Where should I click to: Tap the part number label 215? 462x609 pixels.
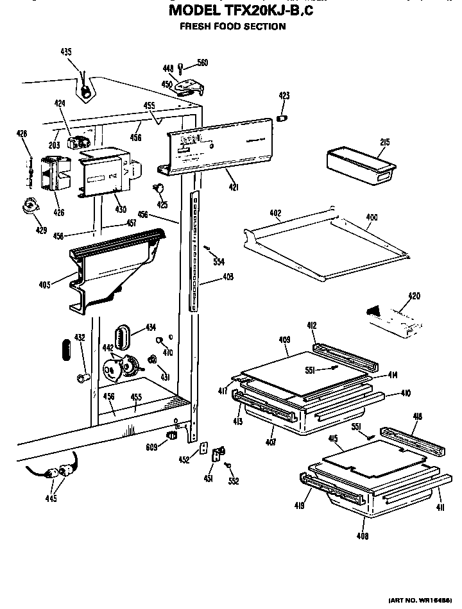coord(385,142)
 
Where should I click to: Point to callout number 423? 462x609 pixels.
coord(284,96)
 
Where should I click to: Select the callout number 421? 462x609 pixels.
coord(234,187)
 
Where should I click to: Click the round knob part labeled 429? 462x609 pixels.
coord(30,205)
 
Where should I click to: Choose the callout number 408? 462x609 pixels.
coord(363,535)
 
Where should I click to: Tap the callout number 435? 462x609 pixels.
coord(66,52)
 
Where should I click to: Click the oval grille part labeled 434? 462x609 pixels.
coord(122,335)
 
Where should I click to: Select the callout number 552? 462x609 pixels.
coord(234,481)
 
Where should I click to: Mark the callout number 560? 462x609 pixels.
coord(203,62)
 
